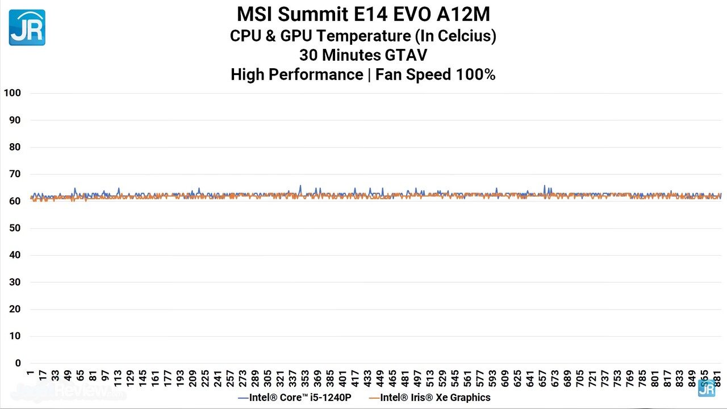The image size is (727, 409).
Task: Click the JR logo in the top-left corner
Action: (x=27, y=27)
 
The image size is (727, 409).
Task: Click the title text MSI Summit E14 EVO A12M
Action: (x=363, y=14)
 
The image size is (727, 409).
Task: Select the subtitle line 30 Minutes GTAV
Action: (x=363, y=55)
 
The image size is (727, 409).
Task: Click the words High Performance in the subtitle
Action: (x=296, y=74)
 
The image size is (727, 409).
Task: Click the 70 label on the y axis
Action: (x=15, y=174)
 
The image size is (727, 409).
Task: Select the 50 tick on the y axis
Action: (x=15, y=228)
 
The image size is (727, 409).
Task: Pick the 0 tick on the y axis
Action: (x=18, y=363)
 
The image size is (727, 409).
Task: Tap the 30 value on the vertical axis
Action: (x=15, y=282)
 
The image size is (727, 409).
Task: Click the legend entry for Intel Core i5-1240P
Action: (x=294, y=398)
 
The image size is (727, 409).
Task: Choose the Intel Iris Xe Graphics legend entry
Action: (x=429, y=398)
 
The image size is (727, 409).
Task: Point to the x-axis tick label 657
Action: (x=543, y=377)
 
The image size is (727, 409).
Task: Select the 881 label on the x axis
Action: (x=718, y=377)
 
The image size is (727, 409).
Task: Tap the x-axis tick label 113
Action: (x=118, y=377)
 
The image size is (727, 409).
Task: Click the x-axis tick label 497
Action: (x=417, y=377)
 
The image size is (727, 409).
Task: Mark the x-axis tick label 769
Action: (x=630, y=377)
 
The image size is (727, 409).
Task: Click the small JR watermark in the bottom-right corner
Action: (x=707, y=389)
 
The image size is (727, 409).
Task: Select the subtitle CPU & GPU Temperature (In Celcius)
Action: (x=363, y=36)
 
